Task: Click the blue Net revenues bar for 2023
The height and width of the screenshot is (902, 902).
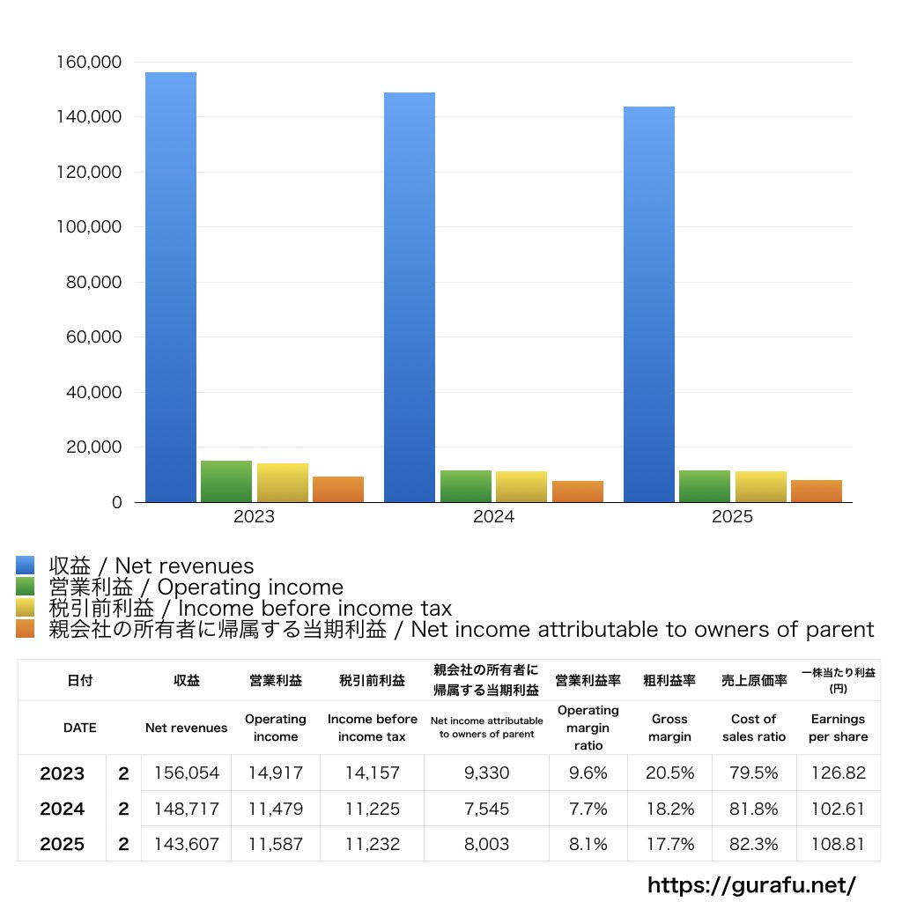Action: [x=171, y=287]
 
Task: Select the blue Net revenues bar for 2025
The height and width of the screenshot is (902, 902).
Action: [x=649, y=304]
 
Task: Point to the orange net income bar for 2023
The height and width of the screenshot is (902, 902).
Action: [x=338, y=490]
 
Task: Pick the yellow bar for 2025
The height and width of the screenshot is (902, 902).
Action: [x=761, y=487]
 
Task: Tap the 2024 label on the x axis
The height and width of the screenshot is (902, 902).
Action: [x=493, y=517]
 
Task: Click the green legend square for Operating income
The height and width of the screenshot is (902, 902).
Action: [x=26, y=588]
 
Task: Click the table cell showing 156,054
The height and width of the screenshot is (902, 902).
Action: [x=186, y=773]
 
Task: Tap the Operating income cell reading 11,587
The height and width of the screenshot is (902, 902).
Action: [x=275, y=844]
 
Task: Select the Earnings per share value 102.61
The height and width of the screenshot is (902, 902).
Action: [x=838, y=809]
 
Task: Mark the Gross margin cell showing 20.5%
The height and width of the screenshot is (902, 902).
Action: [x=669, y=773]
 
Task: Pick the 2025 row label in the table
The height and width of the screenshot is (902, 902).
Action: [x=62, y=844]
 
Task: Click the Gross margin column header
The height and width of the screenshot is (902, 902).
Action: [x=669, y=728]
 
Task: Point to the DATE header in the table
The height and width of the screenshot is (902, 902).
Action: [x=79, y=728]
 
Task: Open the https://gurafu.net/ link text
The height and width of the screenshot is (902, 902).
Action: [x=751, y=884]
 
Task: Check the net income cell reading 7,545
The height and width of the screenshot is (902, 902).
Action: [x=485, y=809]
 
